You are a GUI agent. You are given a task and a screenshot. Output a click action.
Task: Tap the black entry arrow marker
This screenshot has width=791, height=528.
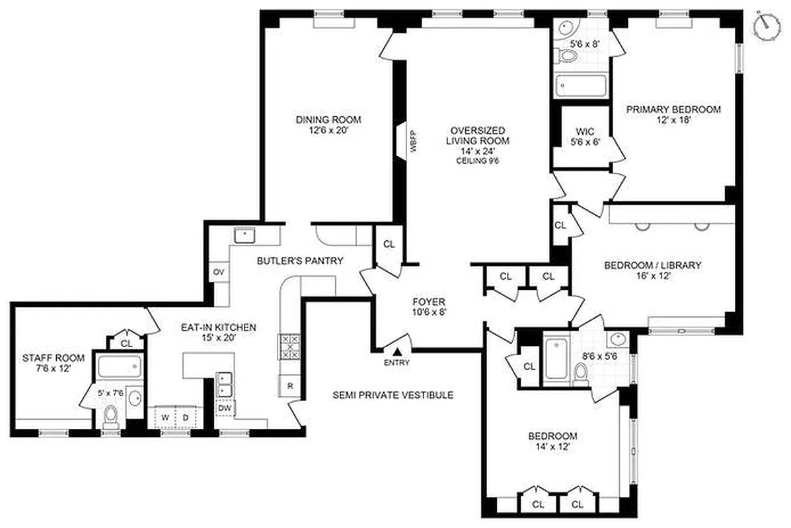398,353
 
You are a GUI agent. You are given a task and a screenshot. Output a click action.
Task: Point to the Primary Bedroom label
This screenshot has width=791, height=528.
673,110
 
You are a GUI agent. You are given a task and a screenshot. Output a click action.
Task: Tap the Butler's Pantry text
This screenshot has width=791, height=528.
300,261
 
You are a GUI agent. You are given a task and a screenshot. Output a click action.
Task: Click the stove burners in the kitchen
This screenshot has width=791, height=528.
289,346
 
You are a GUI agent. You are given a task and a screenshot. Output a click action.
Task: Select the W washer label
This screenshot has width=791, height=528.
167,417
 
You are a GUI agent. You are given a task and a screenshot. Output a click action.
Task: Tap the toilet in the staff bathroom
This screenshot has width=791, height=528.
111,416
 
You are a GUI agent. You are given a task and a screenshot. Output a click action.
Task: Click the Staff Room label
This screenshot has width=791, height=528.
54,358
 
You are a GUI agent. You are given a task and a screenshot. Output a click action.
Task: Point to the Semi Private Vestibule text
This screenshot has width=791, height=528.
393,395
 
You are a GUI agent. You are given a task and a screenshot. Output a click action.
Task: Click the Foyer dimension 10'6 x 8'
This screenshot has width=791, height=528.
430,312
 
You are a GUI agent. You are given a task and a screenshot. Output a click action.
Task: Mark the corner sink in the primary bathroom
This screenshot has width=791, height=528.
566,28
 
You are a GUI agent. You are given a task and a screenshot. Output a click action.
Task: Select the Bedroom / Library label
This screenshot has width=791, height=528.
652,265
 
